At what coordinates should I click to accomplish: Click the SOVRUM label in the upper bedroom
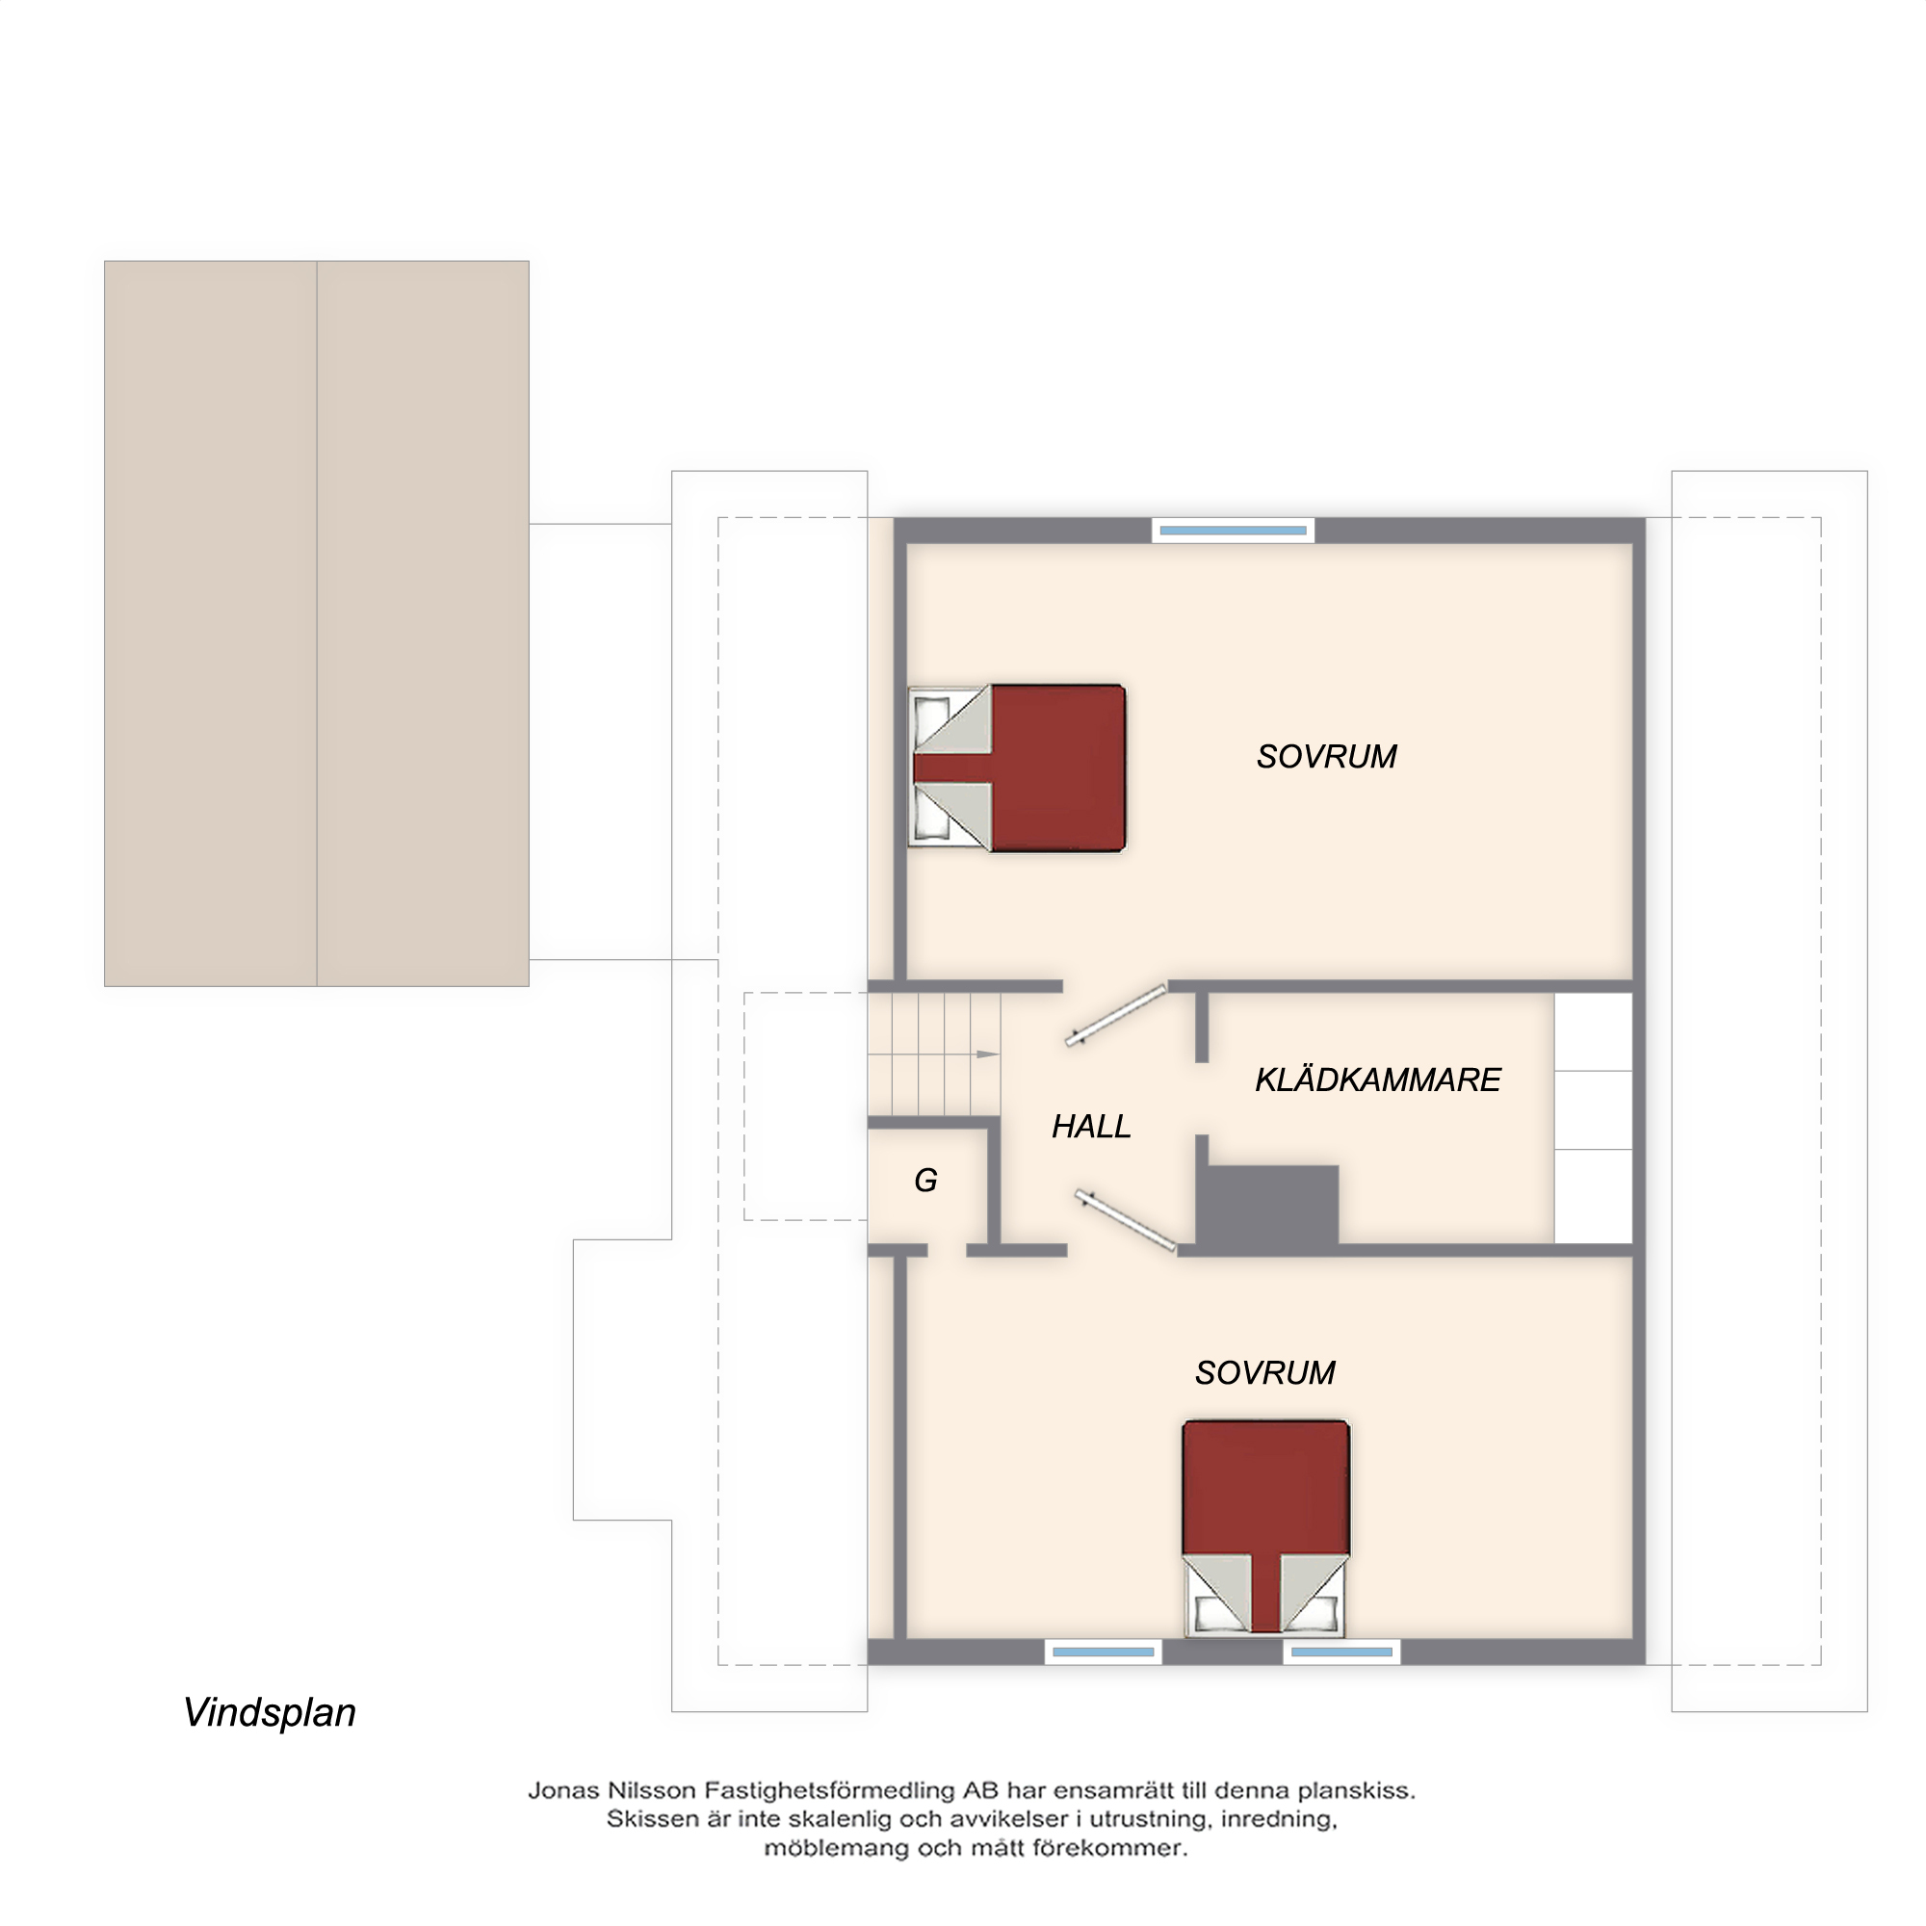pyautogui.click(x=1326, y=758)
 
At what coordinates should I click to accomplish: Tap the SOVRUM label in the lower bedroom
pyautogui.click(x=1265, y=1372)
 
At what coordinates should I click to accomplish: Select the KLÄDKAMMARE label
pyautogui.click(x=1378, y=1080)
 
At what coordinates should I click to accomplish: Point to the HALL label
pyautogui.click(x=1092, y=1127)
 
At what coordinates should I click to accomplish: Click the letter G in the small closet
pyautogui.click(x=926, y=1181)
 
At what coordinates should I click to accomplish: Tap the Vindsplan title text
pyautogui.click(x=270, y=1712)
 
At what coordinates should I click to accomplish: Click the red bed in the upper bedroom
pyautogui.click(x=1017, y=768)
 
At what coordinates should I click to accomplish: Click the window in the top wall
pyautogui.click(x=1234, y=531)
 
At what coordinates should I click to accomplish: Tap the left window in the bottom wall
pyautogui.click(x=1104, y=1652)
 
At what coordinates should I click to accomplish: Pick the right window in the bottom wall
pyautogui.click(x=1341, y=1652)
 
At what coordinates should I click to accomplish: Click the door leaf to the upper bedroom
pyautogui.click(x=1115, y=1016)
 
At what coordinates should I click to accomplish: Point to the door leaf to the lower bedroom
pyautogui.click(x=1126, y=1220)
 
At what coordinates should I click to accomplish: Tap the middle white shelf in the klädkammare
pyautogui.click(x=1593, y=1110)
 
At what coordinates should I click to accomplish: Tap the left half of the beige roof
pyautogui.click(x=210, y=624)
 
